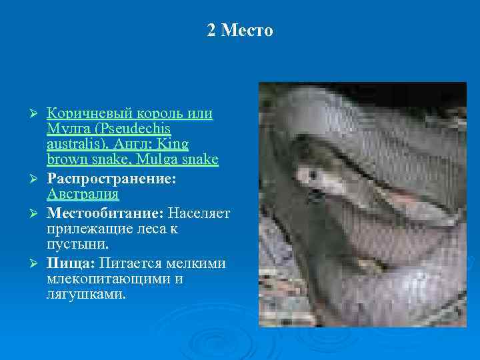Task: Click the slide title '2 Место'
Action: click(240, 31)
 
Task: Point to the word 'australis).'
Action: click(77, 144)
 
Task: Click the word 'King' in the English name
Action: click(172, 144)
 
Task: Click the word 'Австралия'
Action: click(83, 195)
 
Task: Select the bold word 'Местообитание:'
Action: click(105, 213)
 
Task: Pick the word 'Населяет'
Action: click(199, 213)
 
